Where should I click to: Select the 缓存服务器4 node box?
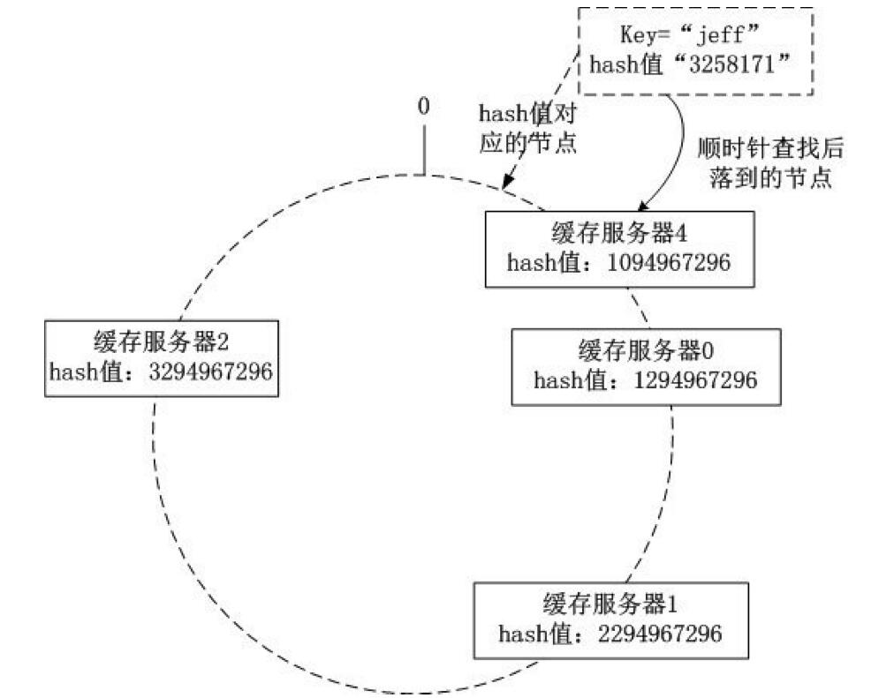pyautogui.click(x=620, y=248)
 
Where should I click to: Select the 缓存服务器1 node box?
pyautogui.click(x=610, y=619)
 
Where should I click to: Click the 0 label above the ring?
pyautogui.click(x=423, y=107)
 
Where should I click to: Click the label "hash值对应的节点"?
pyautogui.click(x=527, y=128)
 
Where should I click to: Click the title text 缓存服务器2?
pyautogui.click(x=161, y=342)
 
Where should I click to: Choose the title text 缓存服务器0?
pyautogui.click(x=646, y=351)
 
